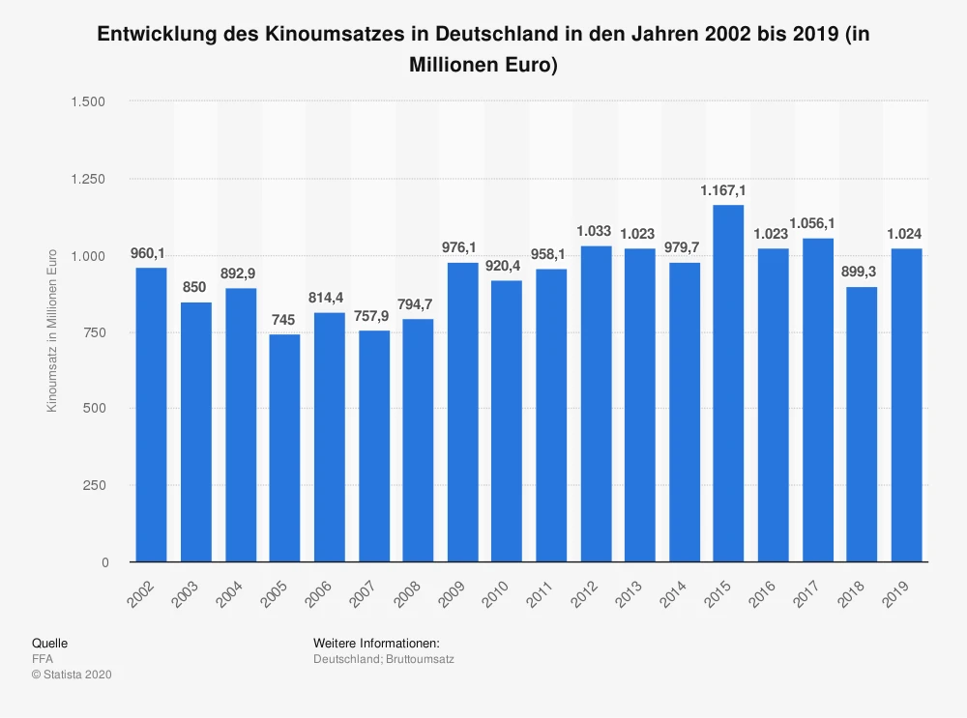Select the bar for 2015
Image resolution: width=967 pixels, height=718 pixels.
tap(728, 383)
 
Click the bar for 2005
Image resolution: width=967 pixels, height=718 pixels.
tap(284, 447)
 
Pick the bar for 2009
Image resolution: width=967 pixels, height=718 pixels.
tap(462, 412)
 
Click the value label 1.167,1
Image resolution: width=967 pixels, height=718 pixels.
tap(728, 191)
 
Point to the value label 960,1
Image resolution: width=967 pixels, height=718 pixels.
tap(151, 254)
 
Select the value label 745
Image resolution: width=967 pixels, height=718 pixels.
tap(284, 320)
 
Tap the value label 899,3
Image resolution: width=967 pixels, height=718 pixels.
tap(862, 273)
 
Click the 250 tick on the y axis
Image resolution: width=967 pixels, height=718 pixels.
tap(94, 485)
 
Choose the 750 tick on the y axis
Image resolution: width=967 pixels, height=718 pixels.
tap(94, 332)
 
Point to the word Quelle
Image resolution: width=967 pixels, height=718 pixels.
tap(49, 643)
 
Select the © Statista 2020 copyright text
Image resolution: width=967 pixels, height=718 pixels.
tap(72, 675)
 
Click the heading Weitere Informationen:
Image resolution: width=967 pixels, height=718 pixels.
tap(376, 643)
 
